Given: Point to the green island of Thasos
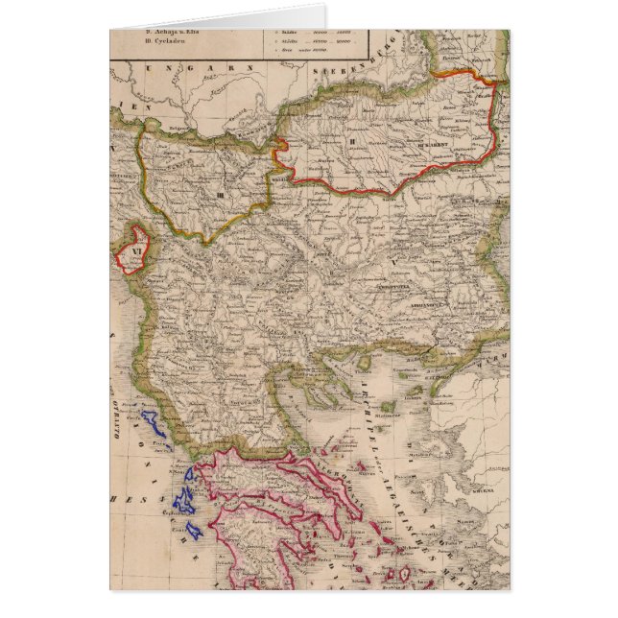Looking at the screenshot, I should [x=364, y=363].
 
